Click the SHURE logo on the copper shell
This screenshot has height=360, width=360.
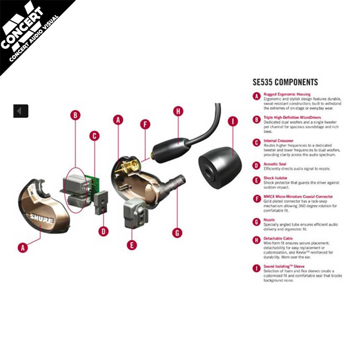click(42, 219)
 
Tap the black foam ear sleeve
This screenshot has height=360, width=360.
click(220, 168)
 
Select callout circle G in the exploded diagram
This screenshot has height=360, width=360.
click(177, 233)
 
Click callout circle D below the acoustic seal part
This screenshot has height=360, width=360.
click(103, 231)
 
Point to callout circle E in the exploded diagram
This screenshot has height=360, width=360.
click(132, 245)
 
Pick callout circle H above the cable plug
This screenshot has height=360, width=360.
click(179, 111)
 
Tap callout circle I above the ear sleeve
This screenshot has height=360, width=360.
click(233, 121)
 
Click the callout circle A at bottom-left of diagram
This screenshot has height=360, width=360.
click(23, 248)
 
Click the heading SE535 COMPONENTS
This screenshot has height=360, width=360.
click(285, 82)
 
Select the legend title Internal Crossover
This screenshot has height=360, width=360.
click(278, 141)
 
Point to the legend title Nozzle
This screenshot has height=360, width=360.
click(269, 220)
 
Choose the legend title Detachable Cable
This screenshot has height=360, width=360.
click(278, 238)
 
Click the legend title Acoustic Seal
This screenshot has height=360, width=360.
click(275, 164)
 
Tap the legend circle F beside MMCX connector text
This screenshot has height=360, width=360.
click(257, 199)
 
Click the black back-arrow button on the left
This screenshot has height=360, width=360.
click(21, 111)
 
